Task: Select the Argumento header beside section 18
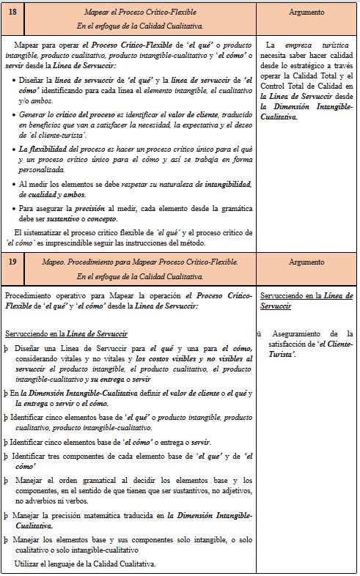(x=307, y=12)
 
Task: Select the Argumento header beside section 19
(x=307, y=262)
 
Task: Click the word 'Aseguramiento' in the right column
(x=300, y=333)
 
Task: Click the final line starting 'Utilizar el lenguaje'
(x=85, y=563)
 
